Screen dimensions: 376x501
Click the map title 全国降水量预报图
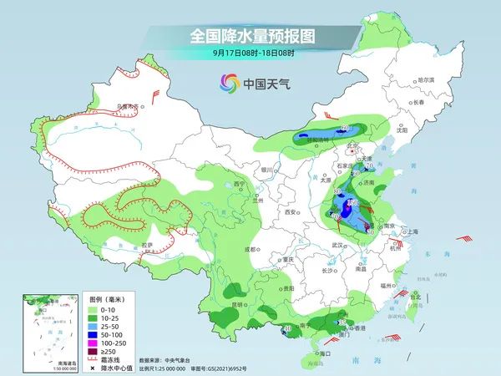pos(250,36)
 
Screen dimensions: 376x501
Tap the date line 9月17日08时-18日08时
pos(250,53)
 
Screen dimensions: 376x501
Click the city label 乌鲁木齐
pos(126,106)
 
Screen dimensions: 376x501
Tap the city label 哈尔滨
pos(426,79)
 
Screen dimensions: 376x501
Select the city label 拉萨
pos(147,245)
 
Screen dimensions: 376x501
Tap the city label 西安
pos(291,213)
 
